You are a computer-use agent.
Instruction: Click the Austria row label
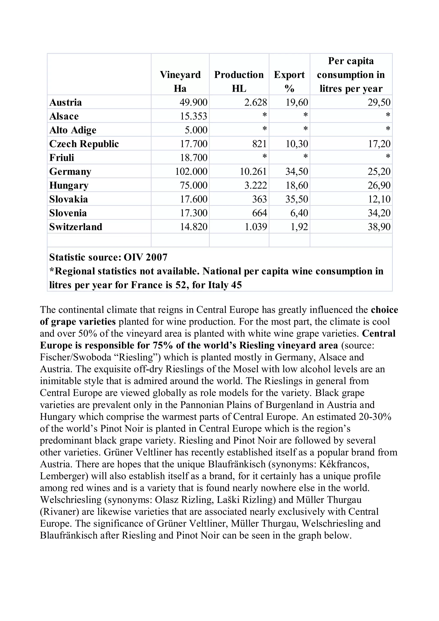65,102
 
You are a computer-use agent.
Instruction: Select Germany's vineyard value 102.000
191,171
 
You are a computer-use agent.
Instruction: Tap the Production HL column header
239,81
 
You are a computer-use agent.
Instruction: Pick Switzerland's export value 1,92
299,227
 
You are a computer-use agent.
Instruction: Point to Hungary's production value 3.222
255,185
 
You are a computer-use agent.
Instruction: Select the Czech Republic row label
84,144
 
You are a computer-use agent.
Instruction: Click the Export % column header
289,81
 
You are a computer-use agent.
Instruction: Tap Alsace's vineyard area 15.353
193,116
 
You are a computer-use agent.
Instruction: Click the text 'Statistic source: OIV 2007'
108,257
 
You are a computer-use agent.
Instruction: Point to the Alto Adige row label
73,130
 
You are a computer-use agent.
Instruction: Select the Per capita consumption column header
351,75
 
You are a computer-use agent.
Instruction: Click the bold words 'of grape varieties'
78,322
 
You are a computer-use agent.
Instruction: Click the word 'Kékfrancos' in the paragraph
344,464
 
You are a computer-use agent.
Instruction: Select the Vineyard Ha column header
180,81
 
